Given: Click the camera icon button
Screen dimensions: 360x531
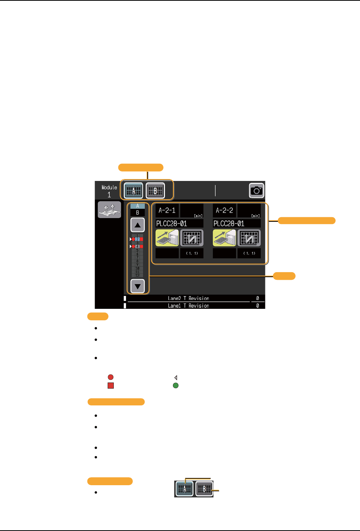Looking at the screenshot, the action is coord(257,190).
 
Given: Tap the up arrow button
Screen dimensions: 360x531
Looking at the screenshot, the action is coord(137,225).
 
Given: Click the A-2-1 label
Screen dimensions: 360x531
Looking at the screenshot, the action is coord(167,210).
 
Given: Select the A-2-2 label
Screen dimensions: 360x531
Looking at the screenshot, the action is coord(224,210).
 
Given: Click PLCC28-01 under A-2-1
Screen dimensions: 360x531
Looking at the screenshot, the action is coord(171,223).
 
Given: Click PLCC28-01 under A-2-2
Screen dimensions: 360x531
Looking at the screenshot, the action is coord(229,223).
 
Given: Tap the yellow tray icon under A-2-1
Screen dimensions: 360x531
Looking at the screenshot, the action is coord(167,238).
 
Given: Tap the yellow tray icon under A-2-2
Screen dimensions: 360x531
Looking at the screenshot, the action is coord(224,238).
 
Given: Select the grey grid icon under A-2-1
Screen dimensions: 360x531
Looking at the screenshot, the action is coord(192,238).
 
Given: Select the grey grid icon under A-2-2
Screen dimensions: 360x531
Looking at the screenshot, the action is coord(249,238).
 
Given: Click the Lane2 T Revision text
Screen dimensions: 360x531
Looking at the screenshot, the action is coord(189,298).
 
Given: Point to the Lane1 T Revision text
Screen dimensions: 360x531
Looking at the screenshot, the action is coord(189,306).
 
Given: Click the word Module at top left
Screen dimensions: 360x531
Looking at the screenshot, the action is coord(109,187).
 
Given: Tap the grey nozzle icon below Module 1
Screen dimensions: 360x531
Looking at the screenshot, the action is coord(109,210).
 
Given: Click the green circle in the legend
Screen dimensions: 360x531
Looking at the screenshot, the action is coord(176,386).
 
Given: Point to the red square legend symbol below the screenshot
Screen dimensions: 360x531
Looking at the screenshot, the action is coord(111,386).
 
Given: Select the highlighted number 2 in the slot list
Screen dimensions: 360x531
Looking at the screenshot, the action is coord(137,239).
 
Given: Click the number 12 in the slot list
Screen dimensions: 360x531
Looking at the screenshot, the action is coord(137,275).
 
